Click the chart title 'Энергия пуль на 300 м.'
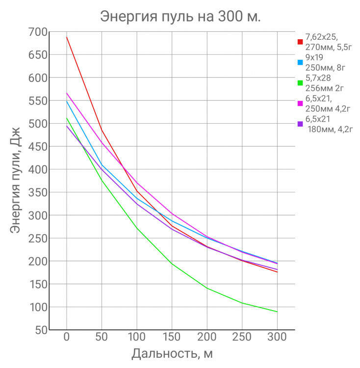[180, 16]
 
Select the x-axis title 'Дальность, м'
[172, 353]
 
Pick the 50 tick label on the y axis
[40, 330]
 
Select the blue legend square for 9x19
[300, 62]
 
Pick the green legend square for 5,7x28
[300, 83]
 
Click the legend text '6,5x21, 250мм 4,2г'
[324, 103]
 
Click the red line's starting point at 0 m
[67, 37]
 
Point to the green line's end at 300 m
[277, 312]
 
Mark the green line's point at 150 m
[172, 263]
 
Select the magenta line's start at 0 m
[67, 93]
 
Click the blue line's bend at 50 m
[102, 165]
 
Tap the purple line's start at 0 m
[67, 126]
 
